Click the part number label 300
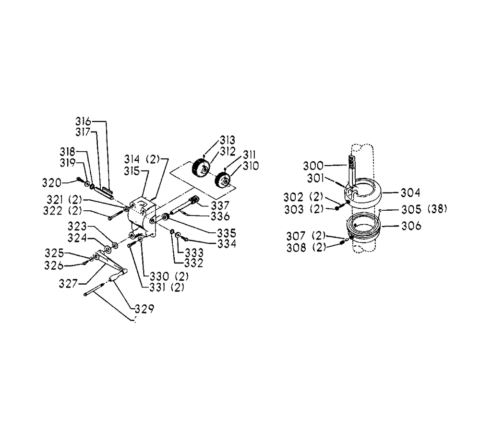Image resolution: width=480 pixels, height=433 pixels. pyautogui.click(x=313, y=166)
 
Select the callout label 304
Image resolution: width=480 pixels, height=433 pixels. pyautogui.click(x=410, y=193)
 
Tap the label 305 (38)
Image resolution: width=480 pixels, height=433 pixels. pyautogui.click(x=424, y=209)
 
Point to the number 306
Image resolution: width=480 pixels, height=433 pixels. pyautogui.click(x=411, y=226)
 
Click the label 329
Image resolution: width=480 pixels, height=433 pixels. pyautogui.click(x=144, y=309)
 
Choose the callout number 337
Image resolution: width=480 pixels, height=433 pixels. pyautogui.click(x=220, y=205)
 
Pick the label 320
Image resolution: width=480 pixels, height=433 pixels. pyautogui.click(x=52, y=183)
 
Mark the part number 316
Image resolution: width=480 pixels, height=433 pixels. pyautogui.click(x=83, y=121)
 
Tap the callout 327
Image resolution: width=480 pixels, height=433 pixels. pyautogui.click(x=68, y=284)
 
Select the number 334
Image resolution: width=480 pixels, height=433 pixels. pyautogui.click(x=227, y=244)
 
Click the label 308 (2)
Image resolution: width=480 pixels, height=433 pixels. pyautogui.click(x=306, y=247)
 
